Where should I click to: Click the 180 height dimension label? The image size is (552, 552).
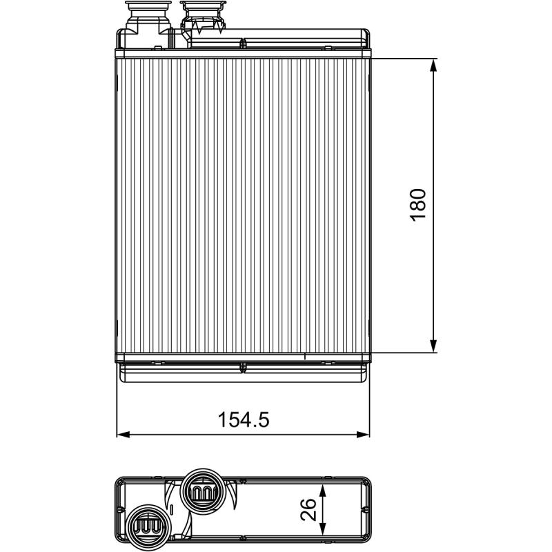tap(418, 204)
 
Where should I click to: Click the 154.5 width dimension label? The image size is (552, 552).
tap(244, 420)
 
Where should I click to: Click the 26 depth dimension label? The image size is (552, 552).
tap(308, 509)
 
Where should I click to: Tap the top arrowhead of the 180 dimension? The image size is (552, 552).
tap(433, 64)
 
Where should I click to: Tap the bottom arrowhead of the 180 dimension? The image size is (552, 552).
tap(433, 346)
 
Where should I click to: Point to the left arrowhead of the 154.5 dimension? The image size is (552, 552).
tap(123, 435)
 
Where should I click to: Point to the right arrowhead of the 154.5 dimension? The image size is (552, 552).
tap(363, 435)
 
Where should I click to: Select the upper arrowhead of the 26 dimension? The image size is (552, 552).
tap(322, 491)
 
